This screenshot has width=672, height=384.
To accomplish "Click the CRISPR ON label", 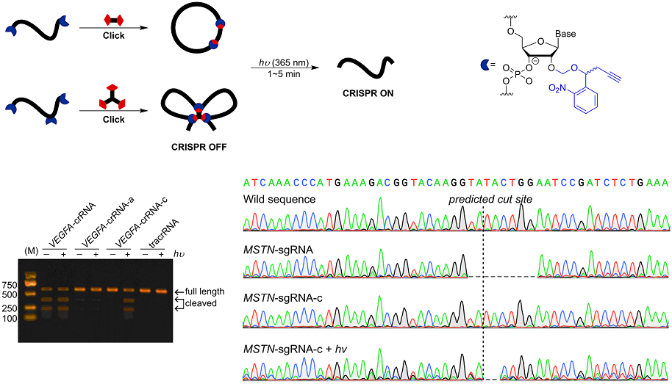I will [365, 95].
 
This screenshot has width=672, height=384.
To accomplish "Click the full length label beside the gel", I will [204, 291].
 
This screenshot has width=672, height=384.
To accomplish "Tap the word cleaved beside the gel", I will [201, 303].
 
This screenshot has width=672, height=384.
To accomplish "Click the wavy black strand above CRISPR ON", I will [365, 71].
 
